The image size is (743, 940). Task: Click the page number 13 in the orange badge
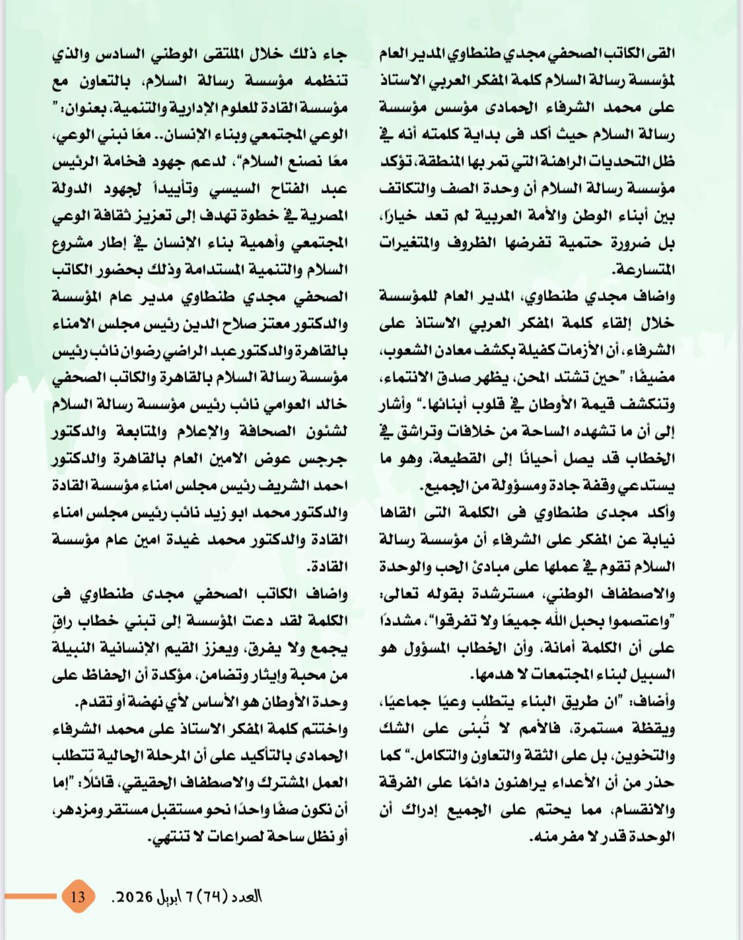pyautogui.click(x=78, y=896)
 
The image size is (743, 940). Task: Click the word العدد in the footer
pyautogui.click(x=246, y=896)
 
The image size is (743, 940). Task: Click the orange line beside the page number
pyautogui.click(x=30, y=896)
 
